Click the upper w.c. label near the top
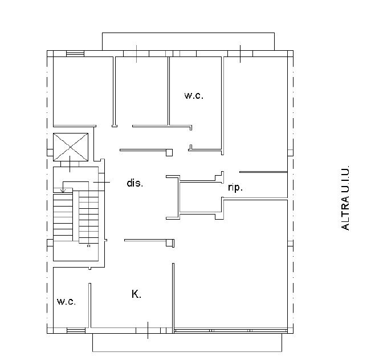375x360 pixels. (194, 96)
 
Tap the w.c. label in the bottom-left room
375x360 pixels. (66, 301)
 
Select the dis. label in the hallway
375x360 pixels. (134, 184)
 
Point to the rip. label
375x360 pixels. (235, 187)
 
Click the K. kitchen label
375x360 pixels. (136, 294)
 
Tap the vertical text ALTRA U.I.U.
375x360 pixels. (345, 199)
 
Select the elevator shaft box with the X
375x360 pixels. (71, 147)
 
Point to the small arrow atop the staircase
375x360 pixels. (63, 191)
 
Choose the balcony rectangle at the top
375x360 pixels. (188, 42)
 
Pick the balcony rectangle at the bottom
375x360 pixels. (187, 342)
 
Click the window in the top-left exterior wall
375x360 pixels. (75, 54)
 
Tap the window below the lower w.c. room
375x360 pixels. (75, 330)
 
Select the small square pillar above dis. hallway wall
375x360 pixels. (169, 152)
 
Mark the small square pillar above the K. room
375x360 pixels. (169, 243)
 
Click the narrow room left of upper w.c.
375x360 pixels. (141, 91)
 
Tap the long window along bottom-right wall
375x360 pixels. (228, 329)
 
